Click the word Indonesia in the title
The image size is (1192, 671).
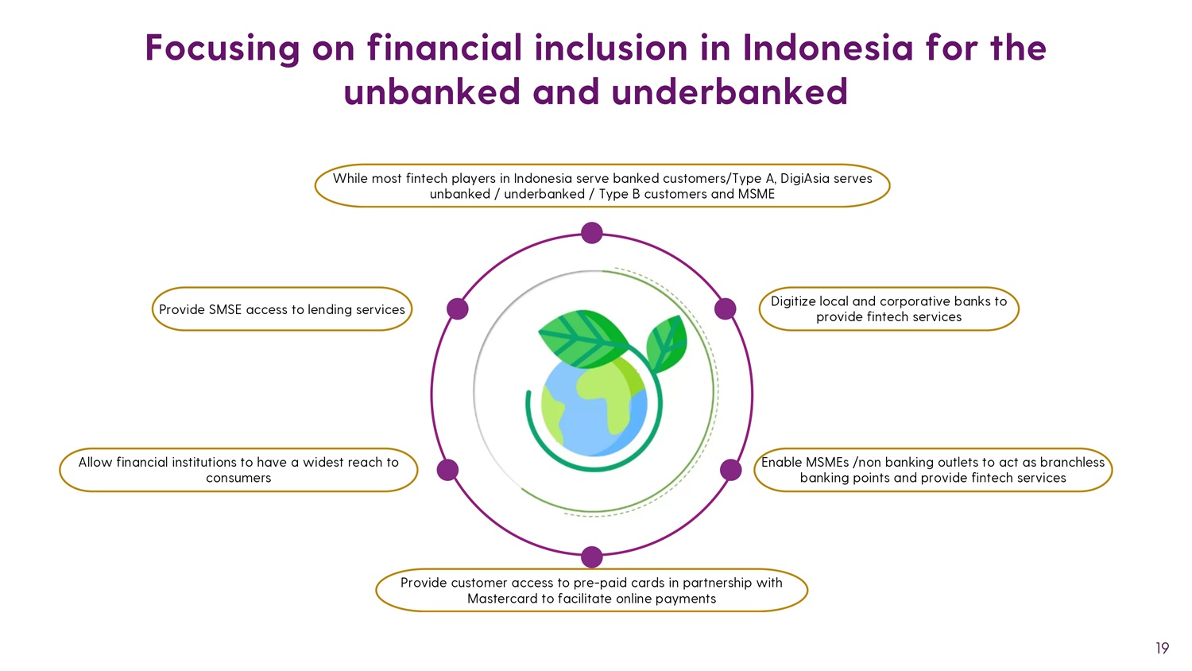click(x=828, y=48)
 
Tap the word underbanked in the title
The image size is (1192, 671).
click(x=730, y=91)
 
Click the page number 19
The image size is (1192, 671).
click(x=1162, y=648)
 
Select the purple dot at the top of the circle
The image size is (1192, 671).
click(x=592, y=233)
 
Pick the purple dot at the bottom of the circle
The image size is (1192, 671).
click(x=592, y=557)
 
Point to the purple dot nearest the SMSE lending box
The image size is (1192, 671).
click(x=458, y=309)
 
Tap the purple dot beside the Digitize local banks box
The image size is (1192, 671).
click(x=725, y=309)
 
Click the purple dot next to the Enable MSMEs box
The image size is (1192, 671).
click(x=730, y=470)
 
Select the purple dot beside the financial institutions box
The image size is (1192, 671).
click(x=447, y=470)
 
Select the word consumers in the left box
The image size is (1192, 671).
click(x=238, y=478)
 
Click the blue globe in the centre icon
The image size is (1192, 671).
click(x=594, y=405)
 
